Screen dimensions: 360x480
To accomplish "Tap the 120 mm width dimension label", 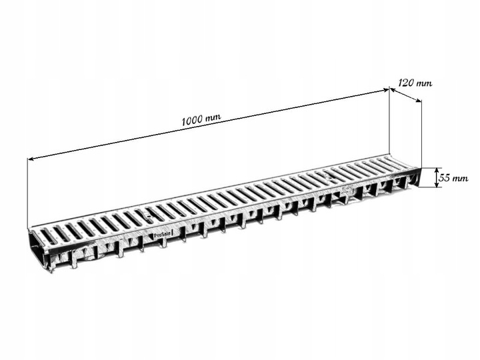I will (x=415, y=83).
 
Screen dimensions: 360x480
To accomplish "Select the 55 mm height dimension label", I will (x=455, y=178).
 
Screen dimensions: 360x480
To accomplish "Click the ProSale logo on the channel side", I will (x=162, y=234).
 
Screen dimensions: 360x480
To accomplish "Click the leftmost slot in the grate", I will (x=47, y=235).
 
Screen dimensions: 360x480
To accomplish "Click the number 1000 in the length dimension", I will (x=192, y=121).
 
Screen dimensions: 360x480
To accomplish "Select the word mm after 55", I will (x=461, y=178).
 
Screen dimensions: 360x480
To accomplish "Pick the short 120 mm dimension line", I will (x=405, y=95).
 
